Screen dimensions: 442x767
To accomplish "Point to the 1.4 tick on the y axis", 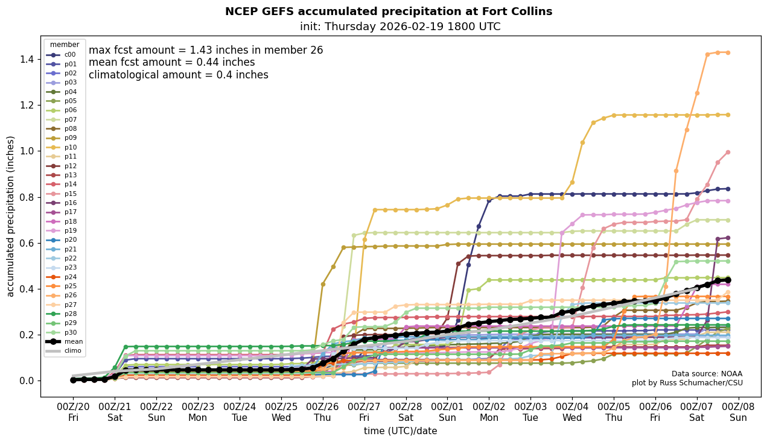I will point(25,59).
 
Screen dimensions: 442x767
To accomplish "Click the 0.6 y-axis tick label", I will point(25,243).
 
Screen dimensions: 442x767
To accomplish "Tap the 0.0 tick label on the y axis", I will point(25,380).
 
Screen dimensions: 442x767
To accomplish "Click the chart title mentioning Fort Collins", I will point(388,11).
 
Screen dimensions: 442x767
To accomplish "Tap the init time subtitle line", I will point(399,27).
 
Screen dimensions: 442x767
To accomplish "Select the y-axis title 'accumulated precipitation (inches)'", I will point(10,216).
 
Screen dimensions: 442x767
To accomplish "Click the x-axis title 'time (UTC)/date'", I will point(400,431).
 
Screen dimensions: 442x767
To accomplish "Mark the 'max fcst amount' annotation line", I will point(206,50).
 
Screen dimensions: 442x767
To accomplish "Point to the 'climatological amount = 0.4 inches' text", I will point(178,75).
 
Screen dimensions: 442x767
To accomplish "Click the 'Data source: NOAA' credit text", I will point(707,374).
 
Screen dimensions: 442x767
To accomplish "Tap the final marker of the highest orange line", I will point(728,52).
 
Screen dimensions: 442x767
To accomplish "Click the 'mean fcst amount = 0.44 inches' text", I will point(171,62).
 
